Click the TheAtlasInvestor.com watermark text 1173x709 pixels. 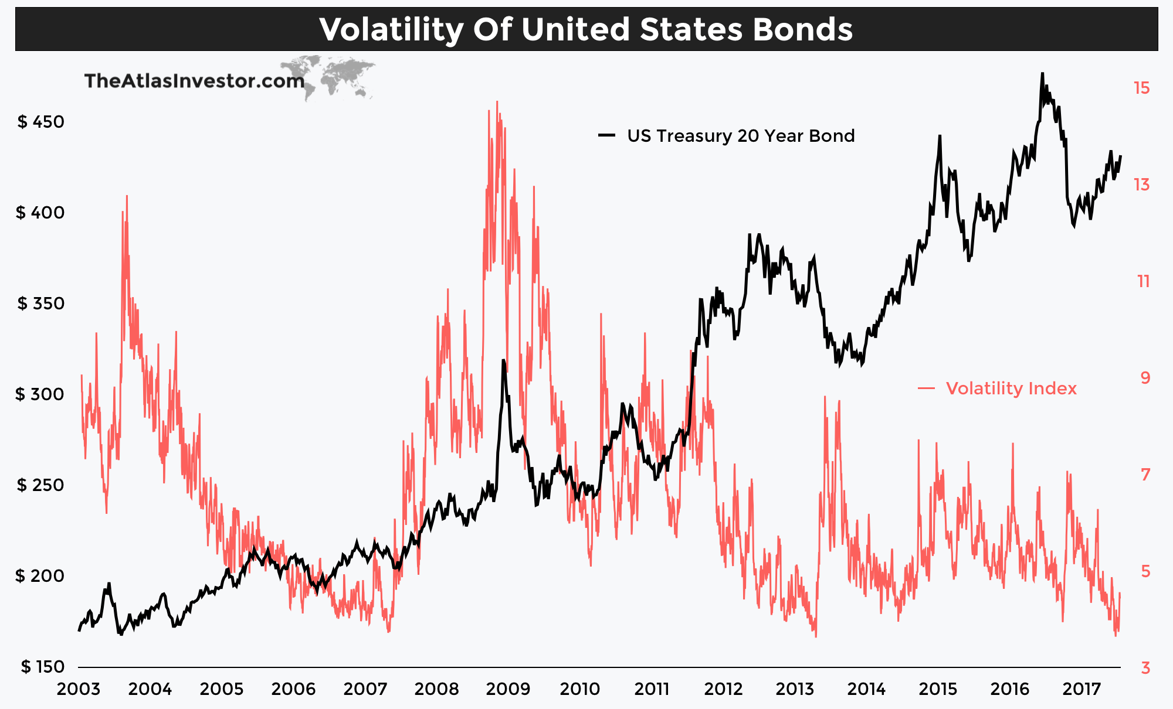(194, 81)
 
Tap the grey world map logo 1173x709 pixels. (337, 76)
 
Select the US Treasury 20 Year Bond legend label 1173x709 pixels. (740, 136)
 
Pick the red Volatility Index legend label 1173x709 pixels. (1011, 388)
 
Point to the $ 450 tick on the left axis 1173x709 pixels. (40, 122)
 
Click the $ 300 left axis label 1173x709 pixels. (40, 394)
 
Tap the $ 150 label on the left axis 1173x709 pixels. (42, 667)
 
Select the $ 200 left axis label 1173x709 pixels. (40, 576)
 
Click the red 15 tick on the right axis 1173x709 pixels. (1141, 88)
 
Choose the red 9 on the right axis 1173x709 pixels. (1145, 378)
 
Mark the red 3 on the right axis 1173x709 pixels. (1145, 668)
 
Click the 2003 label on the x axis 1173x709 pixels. (79, 689)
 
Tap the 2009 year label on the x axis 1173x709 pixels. (508, 689)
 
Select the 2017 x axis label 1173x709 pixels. (1081, 689)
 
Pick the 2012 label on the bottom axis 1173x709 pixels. (723, 689)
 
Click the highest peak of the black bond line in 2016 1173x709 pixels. (1042, 74)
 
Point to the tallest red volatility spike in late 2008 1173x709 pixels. (497, 102)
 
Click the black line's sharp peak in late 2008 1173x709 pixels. (503, 361)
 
